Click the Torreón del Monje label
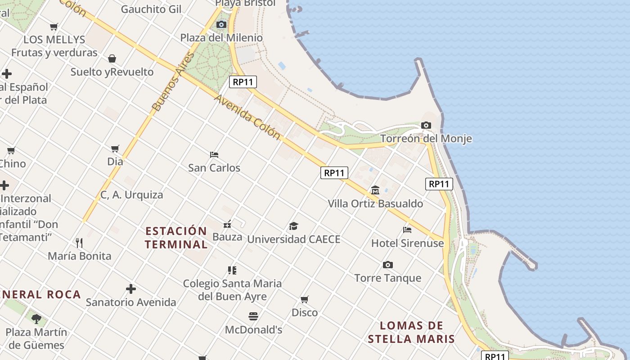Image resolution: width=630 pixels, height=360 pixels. (x=426, y=139)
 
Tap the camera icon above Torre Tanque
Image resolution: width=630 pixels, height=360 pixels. (x=387, y=265)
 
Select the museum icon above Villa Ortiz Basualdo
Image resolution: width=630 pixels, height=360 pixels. (x=375, y=190)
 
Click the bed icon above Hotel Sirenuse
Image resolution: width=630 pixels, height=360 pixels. (x=407, y=230)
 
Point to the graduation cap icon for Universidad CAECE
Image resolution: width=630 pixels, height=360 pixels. (x=293, y=226)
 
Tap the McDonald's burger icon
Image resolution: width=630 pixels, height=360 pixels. (x=253, y=316)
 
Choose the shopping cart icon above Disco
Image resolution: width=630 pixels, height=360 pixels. (x=305, y=299)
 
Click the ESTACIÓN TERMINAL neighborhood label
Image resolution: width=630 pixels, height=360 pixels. (x=176, y=238)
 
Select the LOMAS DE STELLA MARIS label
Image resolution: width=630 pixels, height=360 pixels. (x=411, y=332)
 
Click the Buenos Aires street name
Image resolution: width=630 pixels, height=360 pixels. (x=173, y=82)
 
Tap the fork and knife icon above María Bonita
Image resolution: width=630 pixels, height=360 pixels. (x=79, y=243)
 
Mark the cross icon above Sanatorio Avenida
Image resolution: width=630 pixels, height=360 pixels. (x=131, y=288)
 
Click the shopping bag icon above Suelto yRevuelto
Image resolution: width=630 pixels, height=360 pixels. (x=112, y=58)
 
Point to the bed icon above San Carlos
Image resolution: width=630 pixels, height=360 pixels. (x=214, y=155)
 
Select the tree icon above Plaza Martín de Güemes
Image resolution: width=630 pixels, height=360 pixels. (x=36, y=319)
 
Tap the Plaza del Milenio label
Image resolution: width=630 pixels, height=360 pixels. (x=221, y=38)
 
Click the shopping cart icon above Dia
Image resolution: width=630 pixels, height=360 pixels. (x=115, y=148)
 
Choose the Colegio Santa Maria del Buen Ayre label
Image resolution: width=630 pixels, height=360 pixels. (x=232, y=290)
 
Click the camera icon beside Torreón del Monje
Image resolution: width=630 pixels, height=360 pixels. (x=426, y=126)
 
